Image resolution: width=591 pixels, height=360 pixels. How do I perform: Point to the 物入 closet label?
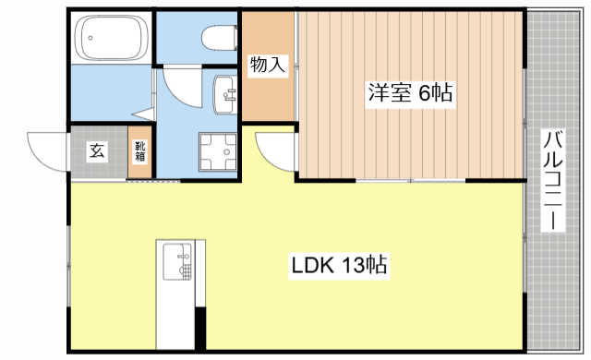click(x=268, y=66)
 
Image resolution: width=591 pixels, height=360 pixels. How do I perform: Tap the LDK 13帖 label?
click(x=339, y=267)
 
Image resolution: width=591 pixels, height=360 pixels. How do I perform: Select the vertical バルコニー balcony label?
click(x=551, y=181)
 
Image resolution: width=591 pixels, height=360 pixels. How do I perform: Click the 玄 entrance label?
click(x=96, y=152)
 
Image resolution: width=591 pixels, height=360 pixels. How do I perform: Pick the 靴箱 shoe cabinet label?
click(x=140, y=152)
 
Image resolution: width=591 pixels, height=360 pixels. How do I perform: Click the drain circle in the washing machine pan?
click(x=219, y=151)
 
